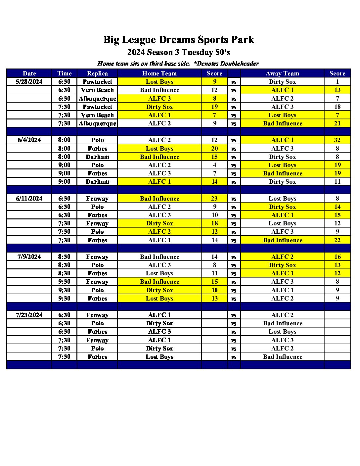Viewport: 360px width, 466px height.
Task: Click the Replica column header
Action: click(x=97, y=73)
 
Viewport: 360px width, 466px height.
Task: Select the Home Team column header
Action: click(x=159, y=73)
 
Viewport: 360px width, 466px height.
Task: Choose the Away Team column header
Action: click(x=282, y=73)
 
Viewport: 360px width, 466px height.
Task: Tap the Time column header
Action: click(x=64, y=73)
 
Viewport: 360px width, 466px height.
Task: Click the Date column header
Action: click(x=29, y=73)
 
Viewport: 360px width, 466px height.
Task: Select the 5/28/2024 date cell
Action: click(x=29, y=82)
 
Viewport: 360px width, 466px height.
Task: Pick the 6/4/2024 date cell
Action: click(x=29, y=140)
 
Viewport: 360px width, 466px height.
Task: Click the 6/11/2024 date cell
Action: click(x=29, y=199)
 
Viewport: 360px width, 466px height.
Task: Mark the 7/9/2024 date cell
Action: click(x=29, y=257)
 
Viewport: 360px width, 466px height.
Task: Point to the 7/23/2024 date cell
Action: click(x=29, y=315)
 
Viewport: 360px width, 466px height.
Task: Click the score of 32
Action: click(x=337, y=140)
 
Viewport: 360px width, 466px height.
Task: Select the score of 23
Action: click(x=214, y=199)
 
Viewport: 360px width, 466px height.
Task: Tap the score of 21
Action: click(x=337, y=123)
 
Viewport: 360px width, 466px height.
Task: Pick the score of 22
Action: click(x=337, y=240)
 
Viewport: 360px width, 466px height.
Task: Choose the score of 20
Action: click(x=214, y=149)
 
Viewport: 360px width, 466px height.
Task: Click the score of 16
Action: click(x=337, y=257)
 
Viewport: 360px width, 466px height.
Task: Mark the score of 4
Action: click(x=214, y=165)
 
